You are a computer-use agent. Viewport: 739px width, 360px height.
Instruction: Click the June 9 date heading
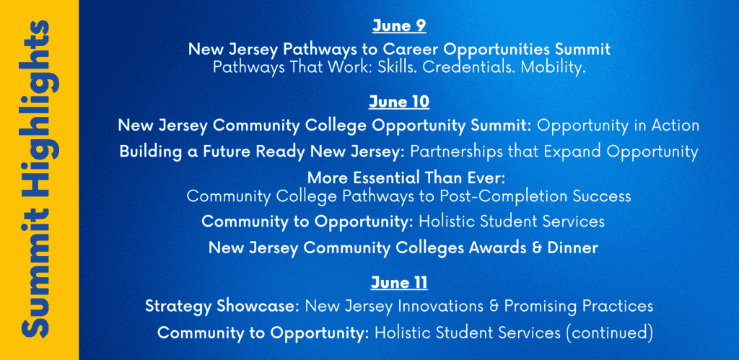398,26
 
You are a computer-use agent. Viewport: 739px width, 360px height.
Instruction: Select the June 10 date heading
398,102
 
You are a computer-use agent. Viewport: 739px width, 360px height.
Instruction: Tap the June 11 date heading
398,283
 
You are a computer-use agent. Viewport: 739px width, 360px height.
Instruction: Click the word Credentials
465,67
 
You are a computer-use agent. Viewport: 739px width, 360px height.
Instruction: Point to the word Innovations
440,307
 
